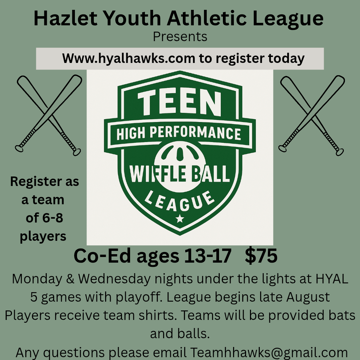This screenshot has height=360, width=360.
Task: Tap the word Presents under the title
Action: [x=180, y=37]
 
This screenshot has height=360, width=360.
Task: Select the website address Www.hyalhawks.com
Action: [x=129, y=59]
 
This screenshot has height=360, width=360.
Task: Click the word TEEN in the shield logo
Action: [x=180, y=103]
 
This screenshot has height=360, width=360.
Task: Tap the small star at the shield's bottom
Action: [x=180, y=218]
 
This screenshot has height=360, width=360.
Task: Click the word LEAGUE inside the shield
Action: [x=180, y=201]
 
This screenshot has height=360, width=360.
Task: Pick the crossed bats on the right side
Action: [x=311, y=115]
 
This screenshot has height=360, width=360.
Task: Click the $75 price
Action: [x=261, y=256]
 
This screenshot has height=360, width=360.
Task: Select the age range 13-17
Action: [x=207, y=256]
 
